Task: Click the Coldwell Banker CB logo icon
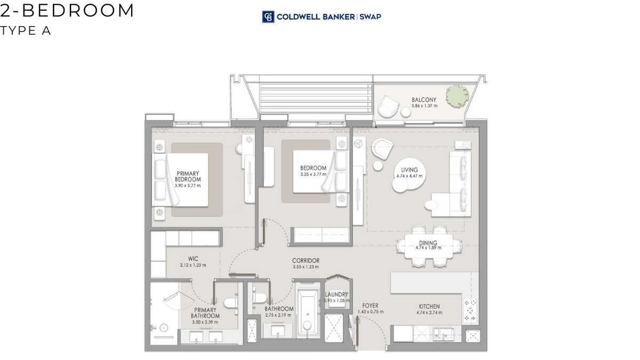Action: click(268, 17)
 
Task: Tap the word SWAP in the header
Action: click(370, 17)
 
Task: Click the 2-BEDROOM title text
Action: click(67, 10)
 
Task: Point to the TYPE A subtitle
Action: click(26, 30)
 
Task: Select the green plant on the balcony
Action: click(458, 96)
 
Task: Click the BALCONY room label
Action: click(424, 100)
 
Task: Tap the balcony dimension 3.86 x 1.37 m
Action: click(425, 106)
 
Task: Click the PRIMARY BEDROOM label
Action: click(188, 177)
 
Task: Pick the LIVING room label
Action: click(409, 170)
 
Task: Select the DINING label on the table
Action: click(428, 243)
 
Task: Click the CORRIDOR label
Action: click(306, 261)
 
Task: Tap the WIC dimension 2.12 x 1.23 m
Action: click(193, 265)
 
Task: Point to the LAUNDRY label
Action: click(337, 294)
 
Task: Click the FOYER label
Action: click(370, 306)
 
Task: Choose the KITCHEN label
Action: click(429, 307)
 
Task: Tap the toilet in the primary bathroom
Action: click(231, 303)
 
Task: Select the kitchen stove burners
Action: click(470, 310)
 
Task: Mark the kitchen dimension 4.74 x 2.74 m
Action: click(429, 313)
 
